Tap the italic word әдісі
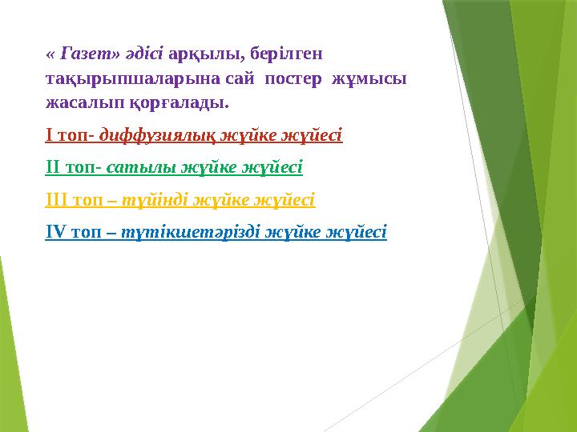pos(145,54)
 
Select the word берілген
pos(286,54)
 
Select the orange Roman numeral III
pos(56,200)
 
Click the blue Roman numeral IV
pos(56,232)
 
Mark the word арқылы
pos(207,54)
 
